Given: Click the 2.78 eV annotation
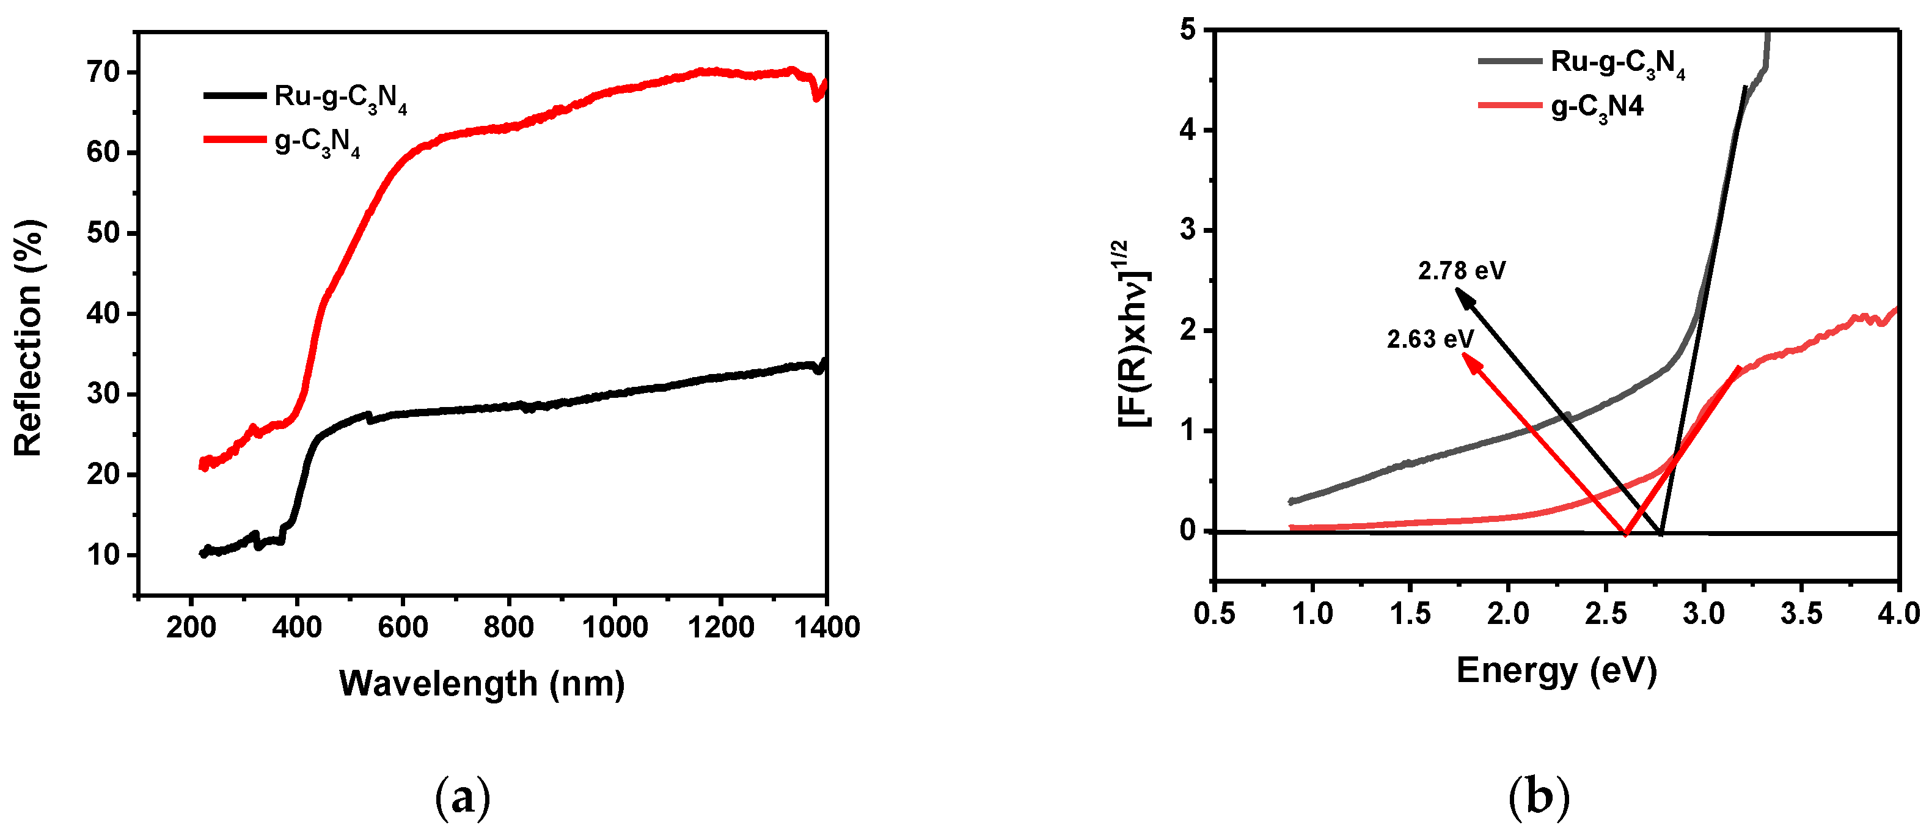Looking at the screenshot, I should [x=1461, y=270].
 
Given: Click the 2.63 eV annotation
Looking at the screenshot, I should [x=1430, y=339].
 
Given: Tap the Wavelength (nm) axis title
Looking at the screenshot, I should [x=481, y=683].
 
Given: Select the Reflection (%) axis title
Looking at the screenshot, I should [x=29, y=339].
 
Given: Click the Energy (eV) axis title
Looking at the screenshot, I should [x=1556, y=670].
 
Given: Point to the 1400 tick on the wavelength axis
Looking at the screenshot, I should [x=827, y=627].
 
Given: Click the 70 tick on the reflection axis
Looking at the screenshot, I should [x=103, y=73].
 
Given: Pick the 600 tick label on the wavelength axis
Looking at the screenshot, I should [x=403, y=627].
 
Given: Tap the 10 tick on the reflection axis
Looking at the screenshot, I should [x=103, y=555].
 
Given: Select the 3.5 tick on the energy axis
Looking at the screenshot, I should [x=1801, y=614].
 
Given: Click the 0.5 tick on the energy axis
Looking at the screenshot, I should [x=1215, y=614].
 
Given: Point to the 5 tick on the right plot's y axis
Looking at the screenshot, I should [x=1188, y=31].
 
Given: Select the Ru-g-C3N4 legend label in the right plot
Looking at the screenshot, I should [x=1617, y=63].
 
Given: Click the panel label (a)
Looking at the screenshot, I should [x=463, y=798].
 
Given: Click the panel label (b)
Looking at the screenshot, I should [x=1538, y=798].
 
